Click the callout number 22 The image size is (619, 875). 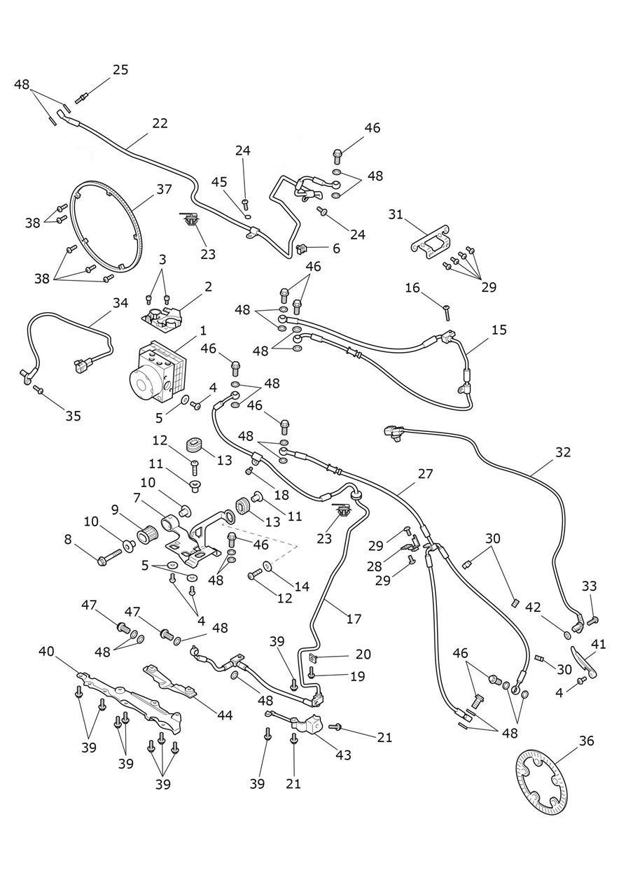[x=160, y=123]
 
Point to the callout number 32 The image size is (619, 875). [x=563, y=452]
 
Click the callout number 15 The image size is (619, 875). [x=499, y=330]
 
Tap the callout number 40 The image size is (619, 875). [x=46, y=652]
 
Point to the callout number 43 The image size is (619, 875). [x=343, y=755]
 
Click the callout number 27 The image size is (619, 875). [x=425, y=474]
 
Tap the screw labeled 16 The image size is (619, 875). [x=448, y=314]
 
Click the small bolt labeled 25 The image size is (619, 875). [x=81, y=99]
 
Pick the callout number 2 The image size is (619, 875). [x=208, y=286]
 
